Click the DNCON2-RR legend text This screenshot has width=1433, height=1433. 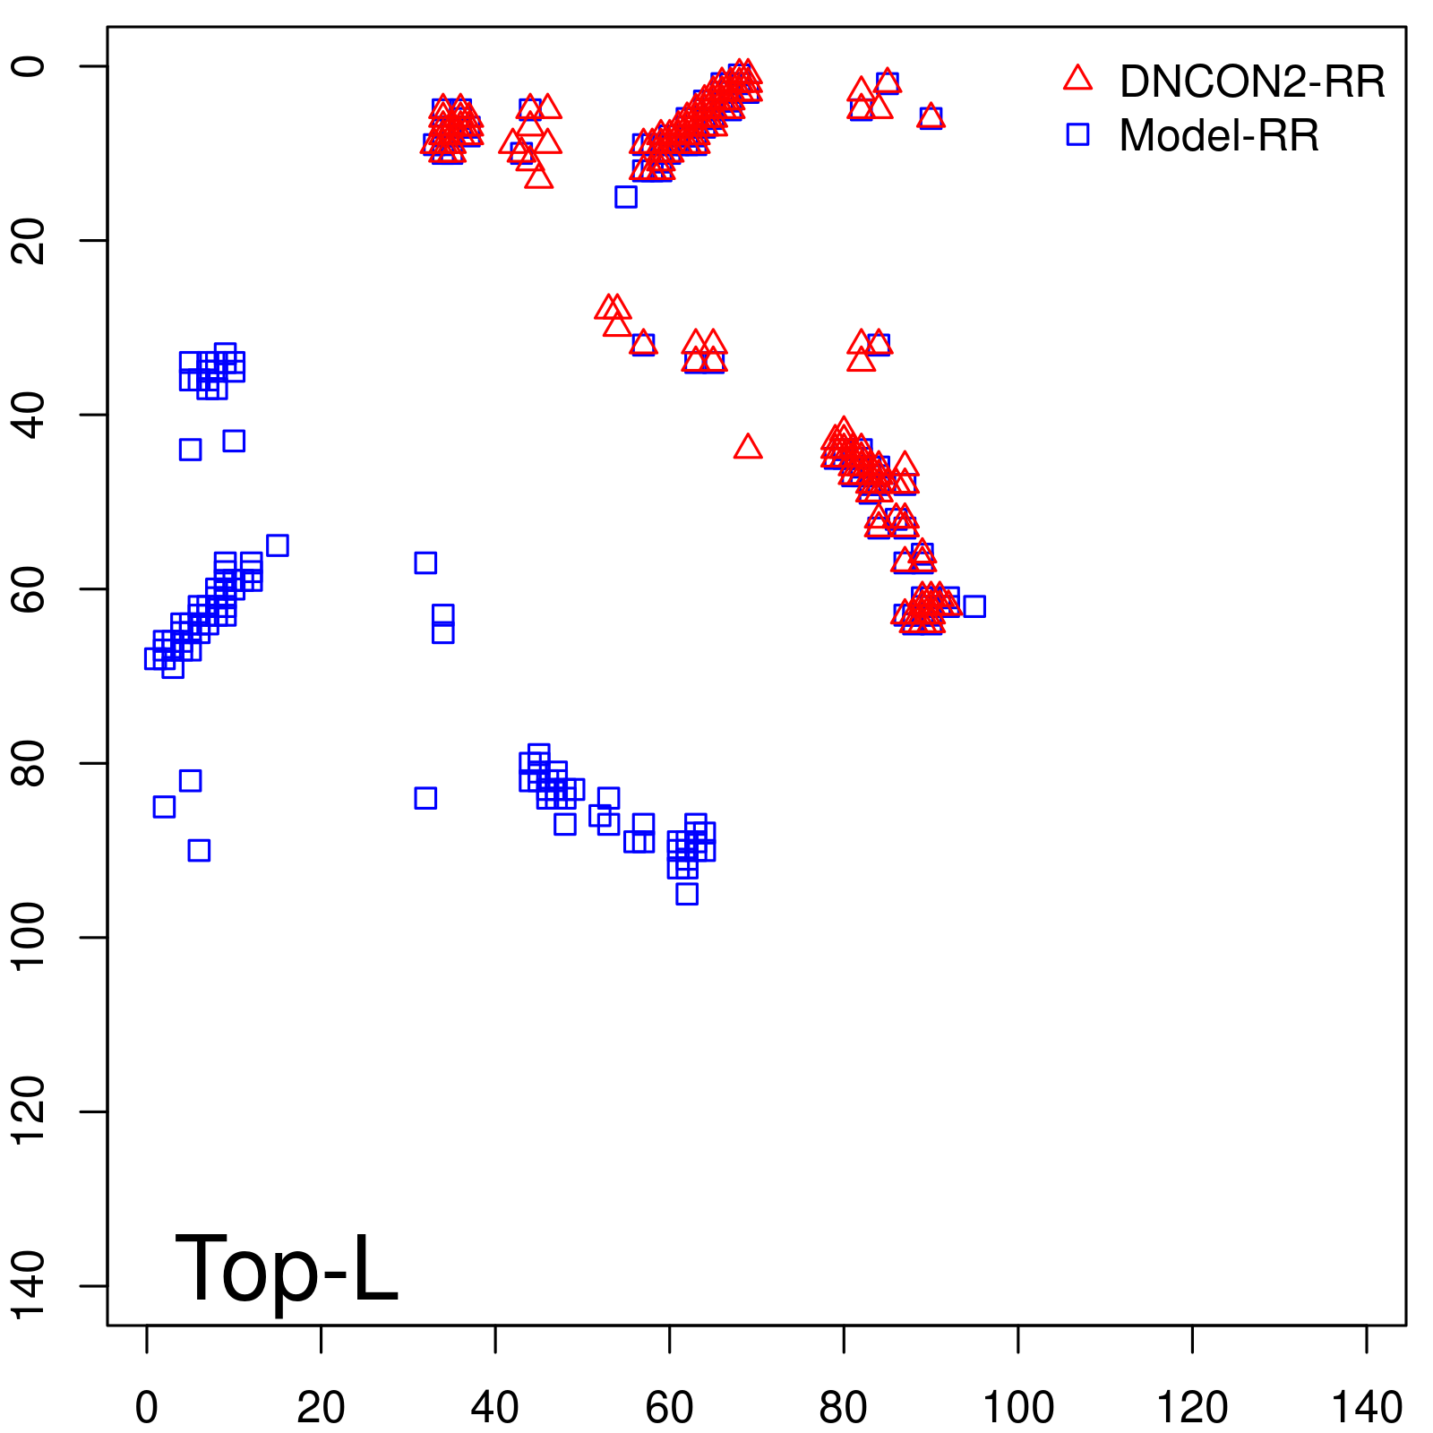1251,82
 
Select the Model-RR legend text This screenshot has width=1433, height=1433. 1219,136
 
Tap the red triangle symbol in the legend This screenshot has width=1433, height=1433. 1077,79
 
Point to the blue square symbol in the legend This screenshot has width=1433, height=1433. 1077,134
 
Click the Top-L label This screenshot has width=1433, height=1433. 286,1268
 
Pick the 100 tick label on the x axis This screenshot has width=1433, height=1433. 1018,1409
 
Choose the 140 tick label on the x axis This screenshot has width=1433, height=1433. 1367,1409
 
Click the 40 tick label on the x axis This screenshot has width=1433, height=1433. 495,1409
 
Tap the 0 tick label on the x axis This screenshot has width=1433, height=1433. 147,1409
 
